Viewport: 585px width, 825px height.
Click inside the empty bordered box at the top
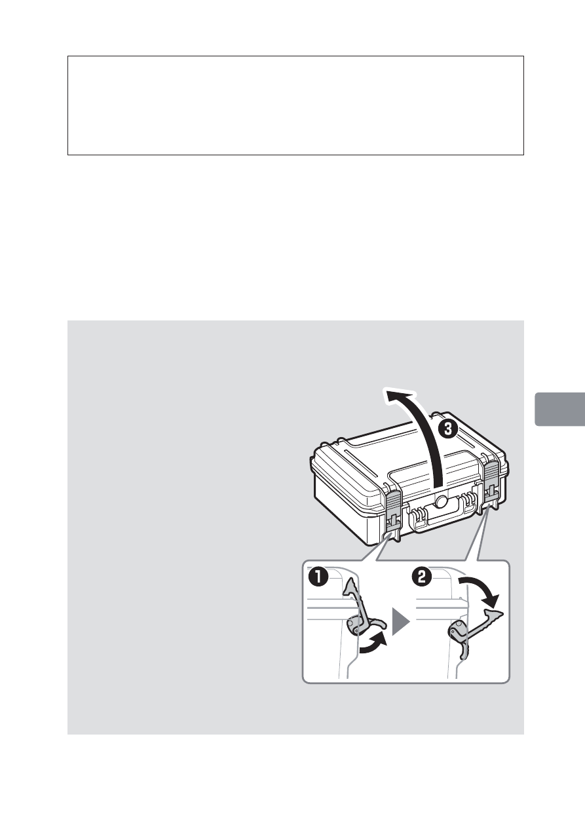[x=295, y=105]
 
